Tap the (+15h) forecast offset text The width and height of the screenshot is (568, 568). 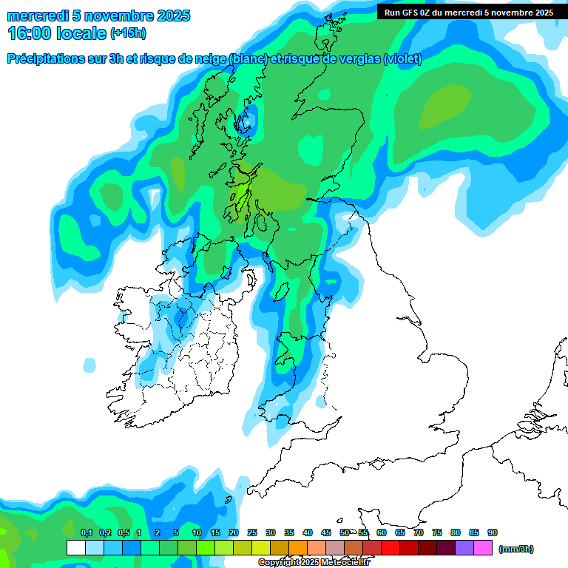[128, 33]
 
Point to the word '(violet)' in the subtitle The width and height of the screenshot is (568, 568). [403, 58]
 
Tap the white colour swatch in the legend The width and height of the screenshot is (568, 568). [75, 548]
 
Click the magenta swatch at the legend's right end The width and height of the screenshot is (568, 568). [483, 548]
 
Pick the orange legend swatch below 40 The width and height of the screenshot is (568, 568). [298, 548]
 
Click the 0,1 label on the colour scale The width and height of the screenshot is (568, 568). [86, 532]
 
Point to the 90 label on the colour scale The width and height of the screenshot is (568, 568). [493, 532]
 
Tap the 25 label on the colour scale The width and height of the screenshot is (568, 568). [252, 532]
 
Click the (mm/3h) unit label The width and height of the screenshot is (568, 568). [516, 549]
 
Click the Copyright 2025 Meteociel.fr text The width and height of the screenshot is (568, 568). [314, 562]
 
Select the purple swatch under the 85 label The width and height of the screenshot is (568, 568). [464, 548]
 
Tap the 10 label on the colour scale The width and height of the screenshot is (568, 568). [197, 532]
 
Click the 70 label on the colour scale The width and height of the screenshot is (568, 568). [419, 532]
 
